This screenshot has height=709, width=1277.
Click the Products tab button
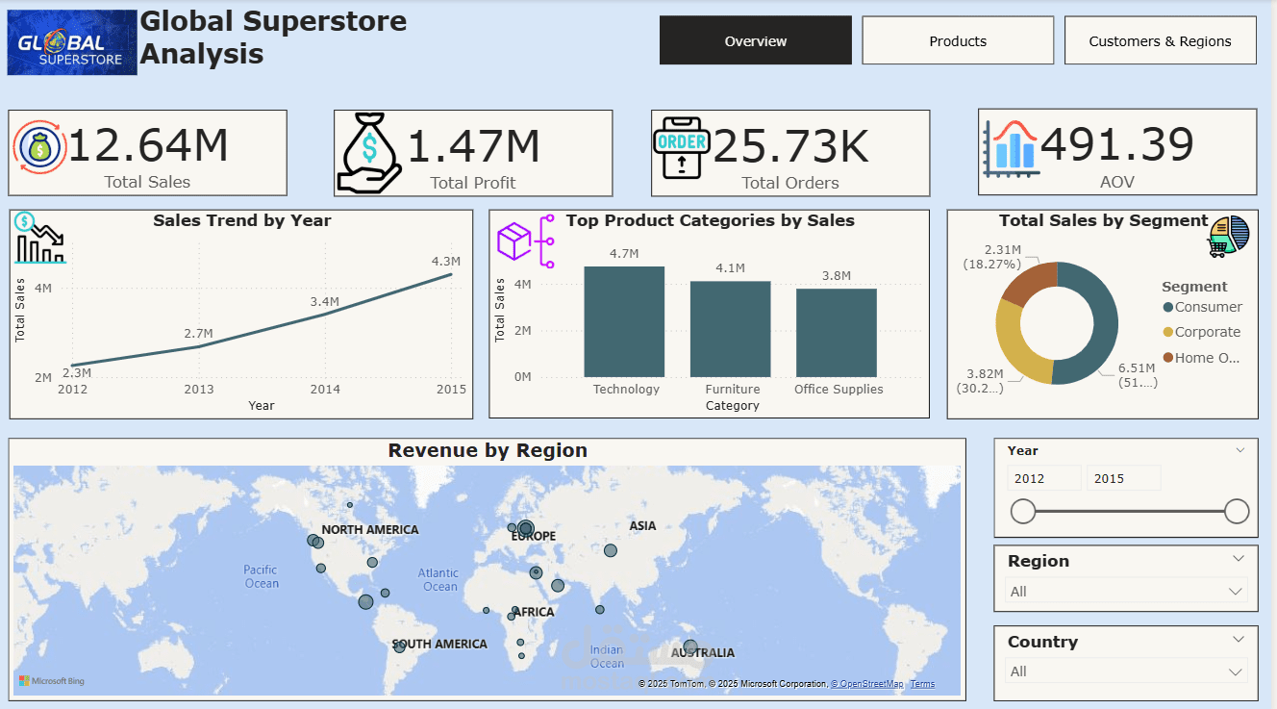click(958, 41)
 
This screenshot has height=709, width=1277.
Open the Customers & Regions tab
click(1160, 41)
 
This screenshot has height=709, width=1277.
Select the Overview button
click(755, 41)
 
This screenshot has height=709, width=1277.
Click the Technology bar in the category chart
click(624, 322)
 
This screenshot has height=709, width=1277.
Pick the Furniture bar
click(730, 329)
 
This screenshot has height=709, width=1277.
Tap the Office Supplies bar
click(836, 333)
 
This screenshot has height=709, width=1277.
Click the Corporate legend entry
click(1207, 332)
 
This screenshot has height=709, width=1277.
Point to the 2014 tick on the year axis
click(325, 390)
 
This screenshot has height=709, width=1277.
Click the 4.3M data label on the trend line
click(446, 261)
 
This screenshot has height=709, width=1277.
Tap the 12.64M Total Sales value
click(148, 146)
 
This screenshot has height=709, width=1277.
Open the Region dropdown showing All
click(1126, 592)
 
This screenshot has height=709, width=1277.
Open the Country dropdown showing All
click(1126, 671)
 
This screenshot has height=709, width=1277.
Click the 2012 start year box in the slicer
click(1042, 478)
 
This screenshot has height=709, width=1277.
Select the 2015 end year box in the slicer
click(1122, 478)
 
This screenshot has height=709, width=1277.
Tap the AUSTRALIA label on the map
click(703, 653)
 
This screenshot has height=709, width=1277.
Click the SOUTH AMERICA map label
click(439, 644)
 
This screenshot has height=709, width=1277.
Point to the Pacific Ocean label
click(261, 576)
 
